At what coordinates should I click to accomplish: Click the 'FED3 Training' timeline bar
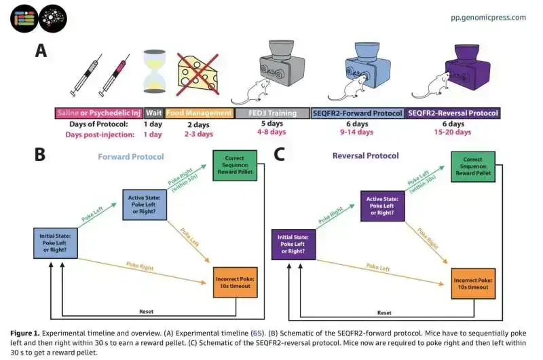271,113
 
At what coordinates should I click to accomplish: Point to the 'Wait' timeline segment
153,113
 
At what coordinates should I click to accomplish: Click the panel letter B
41,155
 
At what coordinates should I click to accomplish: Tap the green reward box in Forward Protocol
234,168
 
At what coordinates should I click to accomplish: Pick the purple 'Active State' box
382,205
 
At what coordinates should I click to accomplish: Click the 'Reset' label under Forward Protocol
145,312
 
